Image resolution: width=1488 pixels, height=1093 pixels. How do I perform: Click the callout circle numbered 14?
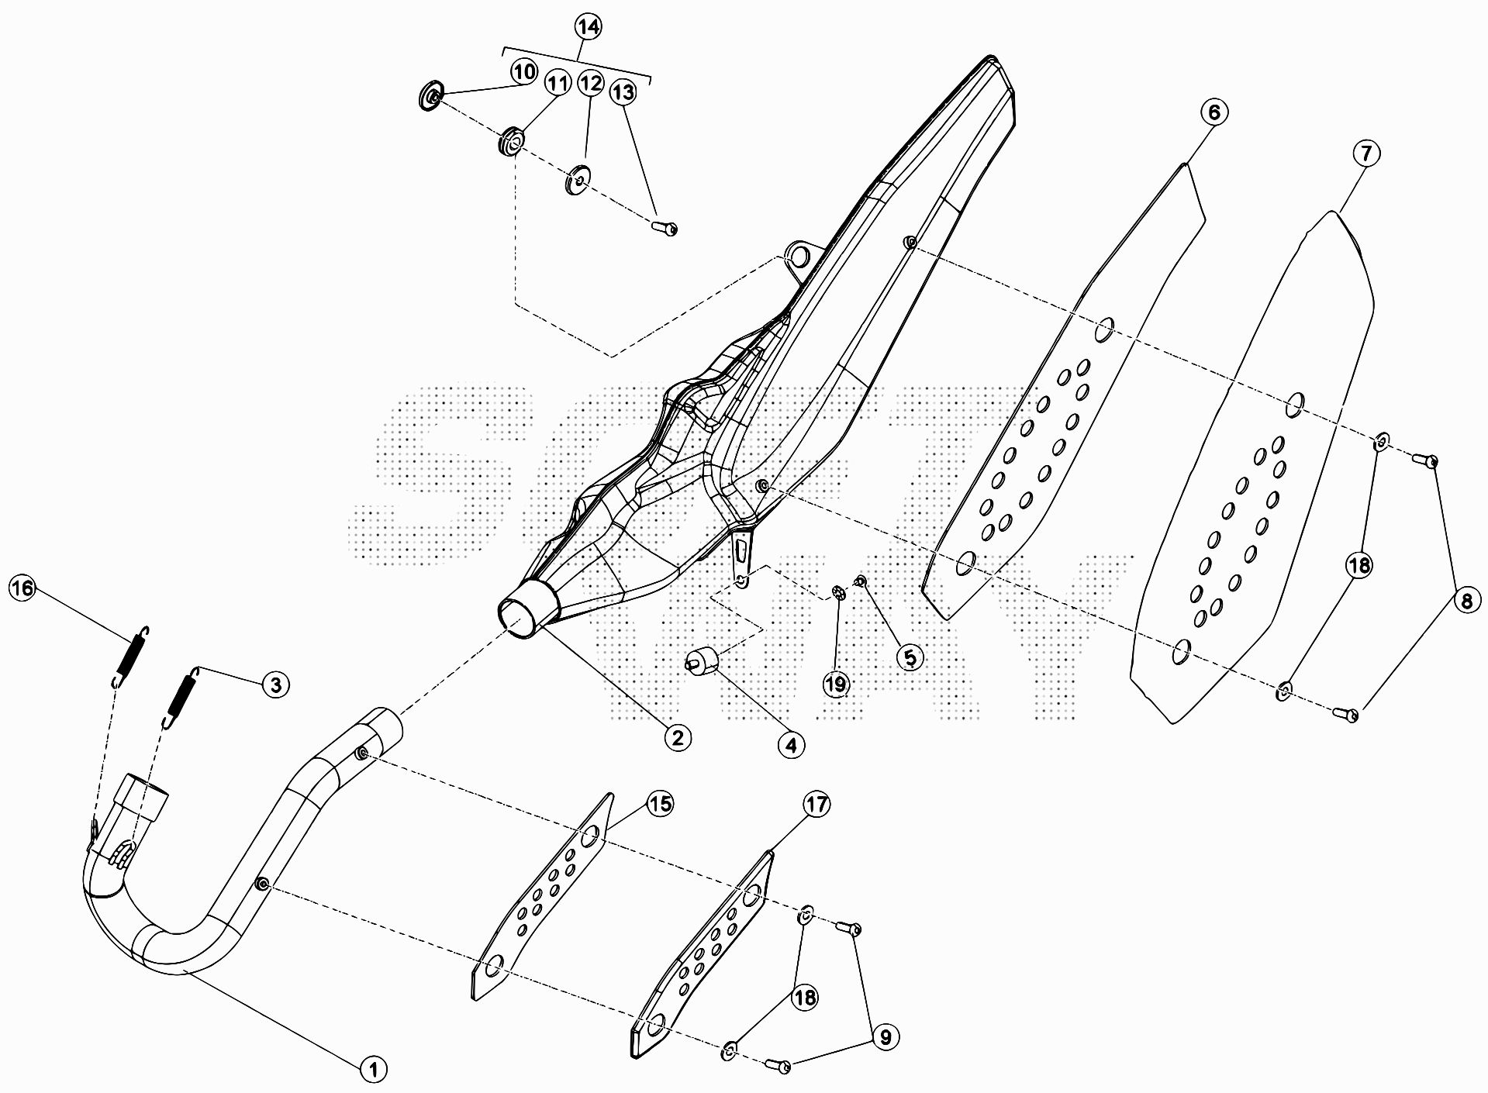(x=588, y=27)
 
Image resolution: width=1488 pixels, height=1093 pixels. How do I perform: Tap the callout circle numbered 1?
(x=373, y=1070)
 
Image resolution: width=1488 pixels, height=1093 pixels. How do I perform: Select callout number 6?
(x=1214, y=112)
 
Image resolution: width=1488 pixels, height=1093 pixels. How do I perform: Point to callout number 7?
(x=1365, y=153)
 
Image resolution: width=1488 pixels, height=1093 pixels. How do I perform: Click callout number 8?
(x=1465, y=599)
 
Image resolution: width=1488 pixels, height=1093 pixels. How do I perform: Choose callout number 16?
(x=22, y=589)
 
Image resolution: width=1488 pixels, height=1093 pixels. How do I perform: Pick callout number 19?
(x=837, y=684)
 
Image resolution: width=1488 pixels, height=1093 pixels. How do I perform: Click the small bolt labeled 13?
(x=665, y=228)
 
